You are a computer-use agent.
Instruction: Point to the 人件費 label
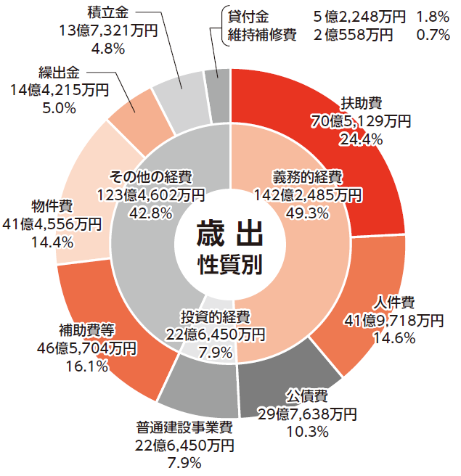coord(393,302)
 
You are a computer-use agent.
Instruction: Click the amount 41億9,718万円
coord(393,319)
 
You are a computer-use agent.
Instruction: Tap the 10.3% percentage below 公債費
coord(308,431)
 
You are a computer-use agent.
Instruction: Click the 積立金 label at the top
coord(106,12)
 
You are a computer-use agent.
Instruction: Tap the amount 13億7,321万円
coord(106,30)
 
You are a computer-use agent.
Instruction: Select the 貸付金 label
coord(248,16)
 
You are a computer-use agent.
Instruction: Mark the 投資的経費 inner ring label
coord(216,318)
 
